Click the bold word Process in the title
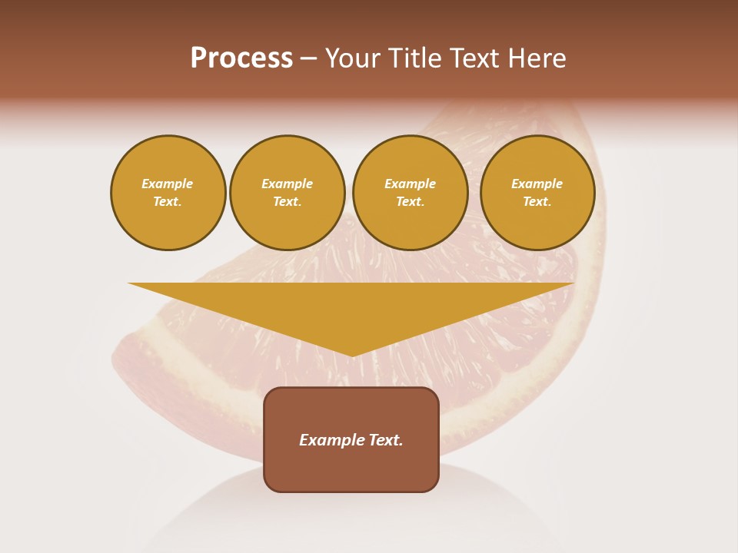[x=241, y=58]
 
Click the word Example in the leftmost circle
[x=168, y=184]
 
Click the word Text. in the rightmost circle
[x=537, y=201]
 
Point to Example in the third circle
[x=410, y=184]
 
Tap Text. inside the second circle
[x=287, y=201]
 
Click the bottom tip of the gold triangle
[x=352, y=355]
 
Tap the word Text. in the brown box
[x=386, y=440]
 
